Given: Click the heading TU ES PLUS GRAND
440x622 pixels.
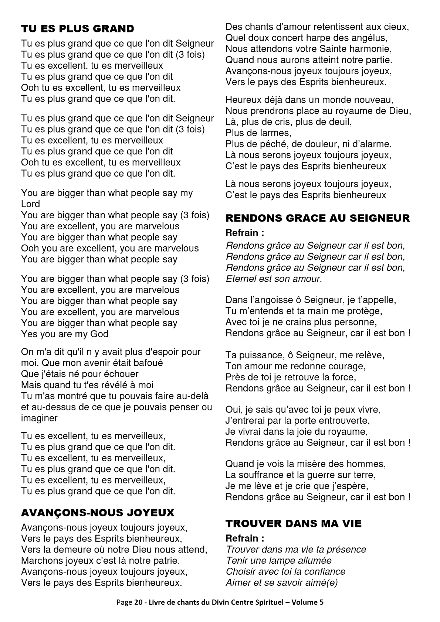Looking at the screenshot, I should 78,29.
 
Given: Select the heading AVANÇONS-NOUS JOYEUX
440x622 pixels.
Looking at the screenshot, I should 98,513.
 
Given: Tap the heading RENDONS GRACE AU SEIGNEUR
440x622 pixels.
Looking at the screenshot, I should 318,218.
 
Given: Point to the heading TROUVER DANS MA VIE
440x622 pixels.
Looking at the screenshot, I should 294,523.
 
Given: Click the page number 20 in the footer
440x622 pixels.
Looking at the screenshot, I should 138,602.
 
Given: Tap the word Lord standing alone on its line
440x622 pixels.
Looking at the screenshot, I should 30,204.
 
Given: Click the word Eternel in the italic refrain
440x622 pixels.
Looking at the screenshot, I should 241,278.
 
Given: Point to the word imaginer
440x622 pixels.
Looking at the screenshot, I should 39,418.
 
